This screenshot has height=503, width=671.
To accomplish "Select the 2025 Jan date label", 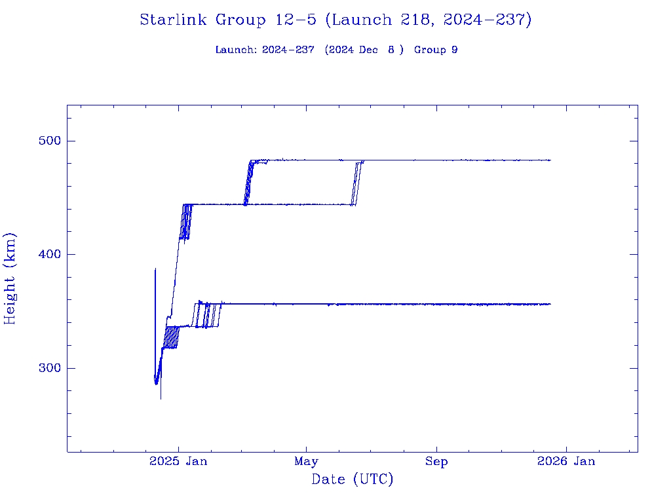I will (x=178, y=461).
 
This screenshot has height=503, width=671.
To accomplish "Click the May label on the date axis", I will (x=306, y=461).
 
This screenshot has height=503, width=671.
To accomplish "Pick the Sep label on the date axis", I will (x=436, y=461).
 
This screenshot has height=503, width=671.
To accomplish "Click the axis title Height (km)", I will (x=10, y=278).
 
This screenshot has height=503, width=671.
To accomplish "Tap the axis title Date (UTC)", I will (x=353, y=480).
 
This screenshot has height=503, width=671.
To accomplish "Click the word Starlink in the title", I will (x=174, y=20).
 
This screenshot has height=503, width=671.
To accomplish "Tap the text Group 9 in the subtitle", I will (x=436, y=50).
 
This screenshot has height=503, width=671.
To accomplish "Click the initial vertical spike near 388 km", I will (x=155, y=270).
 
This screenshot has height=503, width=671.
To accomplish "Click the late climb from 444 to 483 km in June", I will (x=357, y=183).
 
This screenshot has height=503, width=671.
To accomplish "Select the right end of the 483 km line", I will (x=550, y=160).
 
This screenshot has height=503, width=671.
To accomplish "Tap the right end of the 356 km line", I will (x=550, y=304).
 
